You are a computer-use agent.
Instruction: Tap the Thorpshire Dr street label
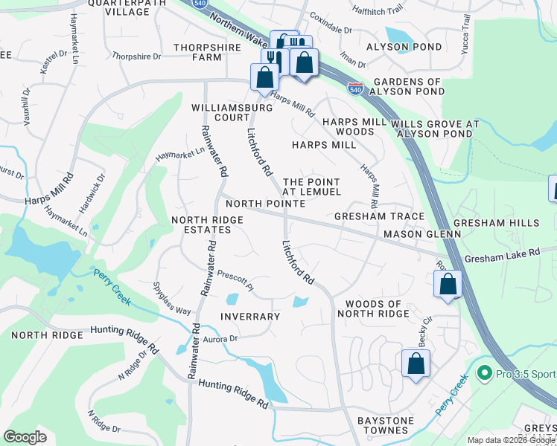click(x=136, y=56)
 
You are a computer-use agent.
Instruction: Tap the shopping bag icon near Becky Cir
click(x=416, y=364)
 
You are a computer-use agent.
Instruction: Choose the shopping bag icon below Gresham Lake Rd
click(x=448, y=284)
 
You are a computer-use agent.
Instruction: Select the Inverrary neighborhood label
click(x=250, y=316)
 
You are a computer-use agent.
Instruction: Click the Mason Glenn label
click(x=422, y=233)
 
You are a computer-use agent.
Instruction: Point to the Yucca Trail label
click(x=466, y=33)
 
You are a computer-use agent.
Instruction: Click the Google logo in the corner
click(x=25, y=437)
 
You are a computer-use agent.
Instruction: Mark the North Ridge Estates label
click(x=201, y=224)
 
